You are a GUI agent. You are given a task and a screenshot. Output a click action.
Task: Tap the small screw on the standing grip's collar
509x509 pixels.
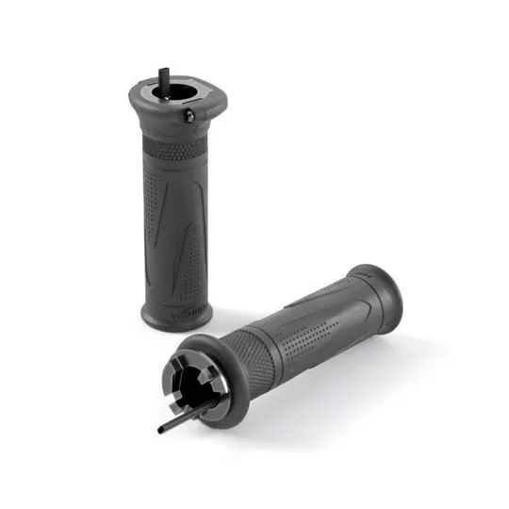[189, 115]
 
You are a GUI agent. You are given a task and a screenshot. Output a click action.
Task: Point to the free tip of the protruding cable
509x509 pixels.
[160, 431]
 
